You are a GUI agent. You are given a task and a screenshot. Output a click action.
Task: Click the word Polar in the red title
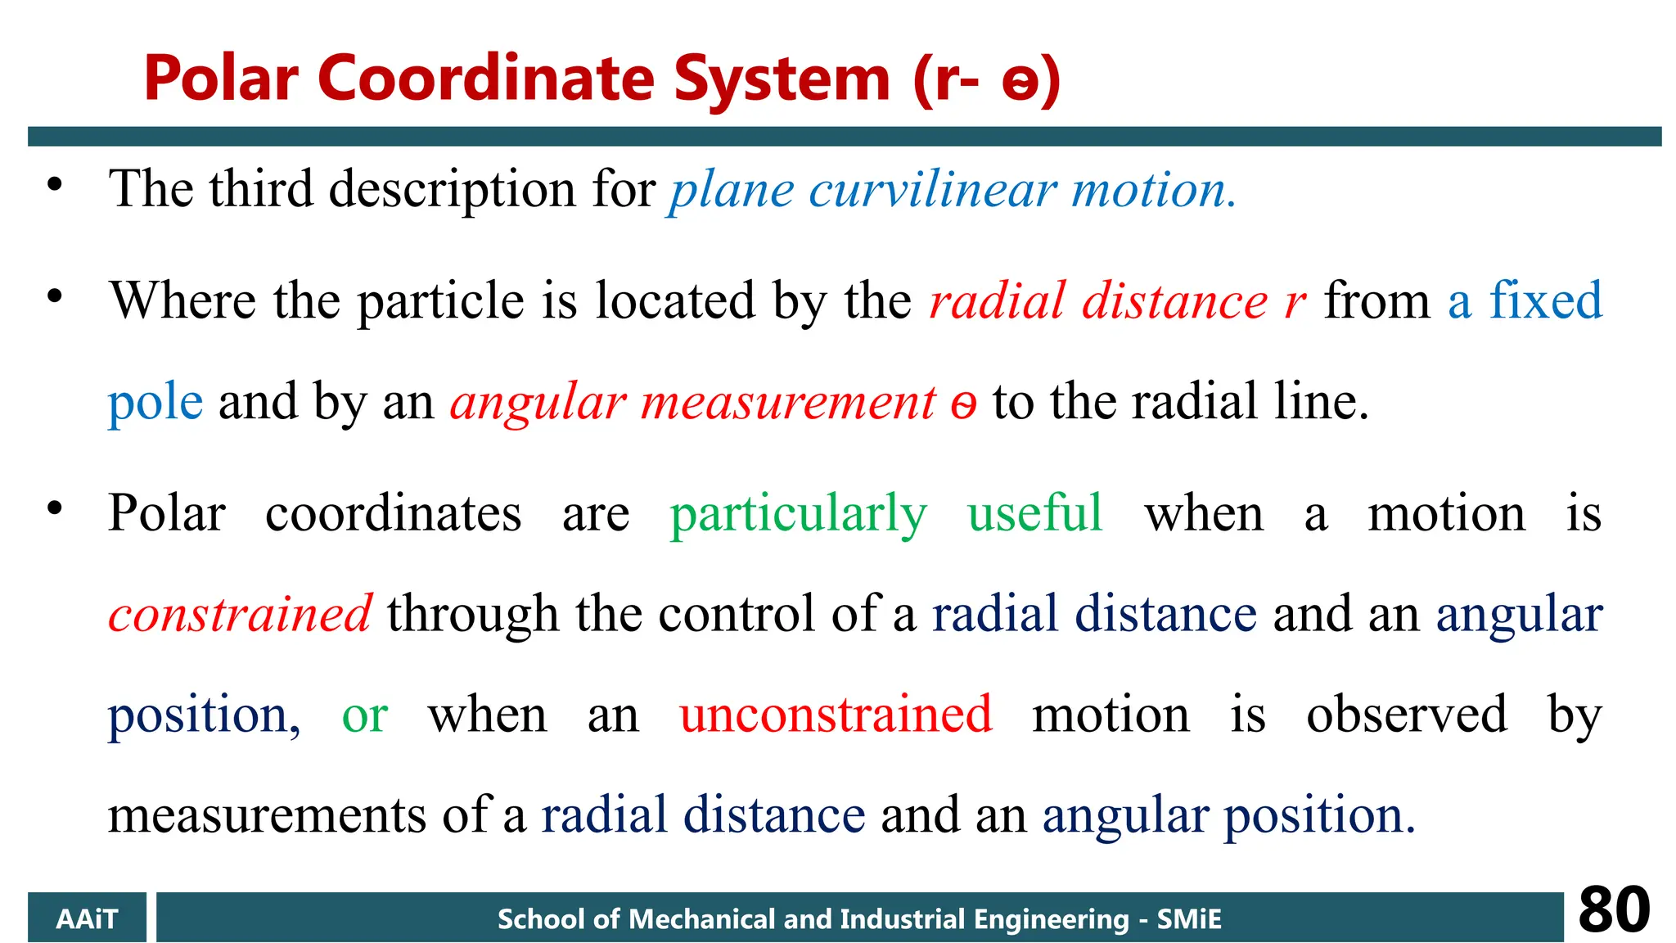pos(221,79)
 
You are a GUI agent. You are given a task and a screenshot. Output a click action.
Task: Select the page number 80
pos(1614,910)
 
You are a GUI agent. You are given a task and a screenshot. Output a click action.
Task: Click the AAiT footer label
pos(87,918)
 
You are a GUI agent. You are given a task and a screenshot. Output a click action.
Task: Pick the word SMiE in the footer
pos(1188,918)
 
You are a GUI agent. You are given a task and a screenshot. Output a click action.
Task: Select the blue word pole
pos(155,403)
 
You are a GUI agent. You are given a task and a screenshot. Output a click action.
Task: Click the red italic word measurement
pos(788,403)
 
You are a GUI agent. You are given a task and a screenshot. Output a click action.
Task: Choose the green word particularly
pos(798,516)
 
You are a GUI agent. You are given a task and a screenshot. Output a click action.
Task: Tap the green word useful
pos(1034,514)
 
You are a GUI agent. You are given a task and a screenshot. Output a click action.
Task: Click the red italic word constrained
pos(240,614)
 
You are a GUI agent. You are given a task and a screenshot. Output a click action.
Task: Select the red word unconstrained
pos(836,714)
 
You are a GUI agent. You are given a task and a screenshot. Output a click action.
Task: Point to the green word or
pos(364,715)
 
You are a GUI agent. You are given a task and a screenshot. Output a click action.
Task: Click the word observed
pos(1406,714)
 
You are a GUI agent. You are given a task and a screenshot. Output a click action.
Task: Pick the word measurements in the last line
pos(267,815)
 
